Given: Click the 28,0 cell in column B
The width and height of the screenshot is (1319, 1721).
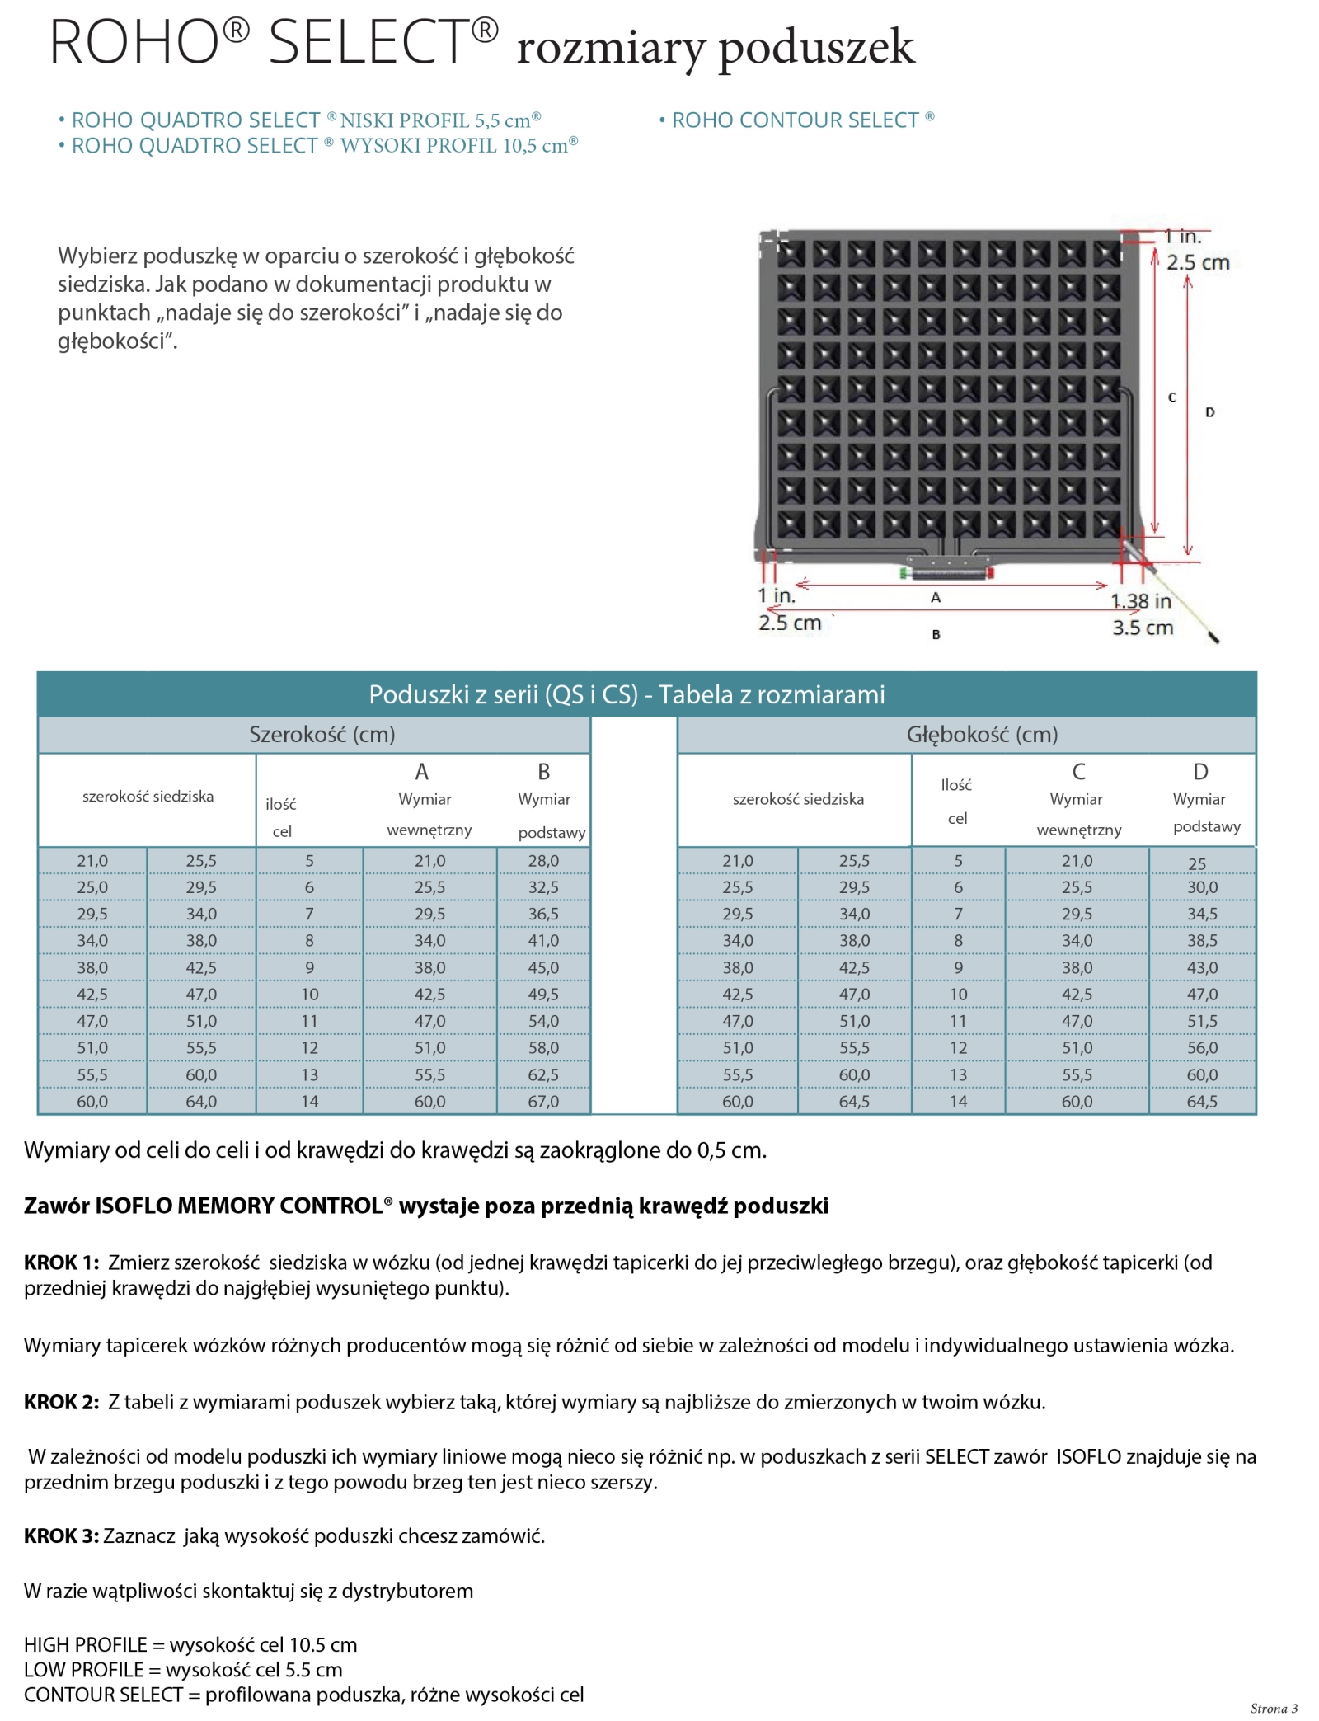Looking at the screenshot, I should point(543,860).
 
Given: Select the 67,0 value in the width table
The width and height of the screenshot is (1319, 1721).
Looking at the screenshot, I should point(543,1101).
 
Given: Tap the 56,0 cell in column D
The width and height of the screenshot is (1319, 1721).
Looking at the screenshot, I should point(1202,1047).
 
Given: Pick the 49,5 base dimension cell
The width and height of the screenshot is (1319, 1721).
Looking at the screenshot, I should point(543,994).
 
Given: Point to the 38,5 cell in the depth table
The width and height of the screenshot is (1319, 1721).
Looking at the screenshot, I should point(1202,940).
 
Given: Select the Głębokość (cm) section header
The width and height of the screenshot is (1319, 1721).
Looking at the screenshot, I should point(982,734).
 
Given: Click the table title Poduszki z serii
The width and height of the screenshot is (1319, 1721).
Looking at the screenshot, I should point(627,694).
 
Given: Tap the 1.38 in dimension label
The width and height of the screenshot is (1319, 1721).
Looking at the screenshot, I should point(1141,601).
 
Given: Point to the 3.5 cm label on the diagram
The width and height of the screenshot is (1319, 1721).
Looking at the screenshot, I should point(1143,628).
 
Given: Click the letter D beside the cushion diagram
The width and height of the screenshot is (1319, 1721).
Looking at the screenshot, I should point(1209,412).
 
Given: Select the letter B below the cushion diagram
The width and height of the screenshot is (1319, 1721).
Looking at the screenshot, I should point(936,634).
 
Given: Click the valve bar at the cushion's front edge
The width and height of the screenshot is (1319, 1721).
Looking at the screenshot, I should point(946,571).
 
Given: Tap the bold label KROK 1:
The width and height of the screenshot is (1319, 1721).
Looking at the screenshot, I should point(62,1262).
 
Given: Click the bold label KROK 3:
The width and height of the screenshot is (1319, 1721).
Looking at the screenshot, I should point(62,1535).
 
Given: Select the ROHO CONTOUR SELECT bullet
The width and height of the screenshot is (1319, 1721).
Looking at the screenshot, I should point(796,120).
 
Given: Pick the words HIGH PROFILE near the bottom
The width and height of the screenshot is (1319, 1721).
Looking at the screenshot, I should point(86,1644).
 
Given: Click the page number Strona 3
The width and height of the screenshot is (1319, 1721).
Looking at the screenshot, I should point(1274,1708).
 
